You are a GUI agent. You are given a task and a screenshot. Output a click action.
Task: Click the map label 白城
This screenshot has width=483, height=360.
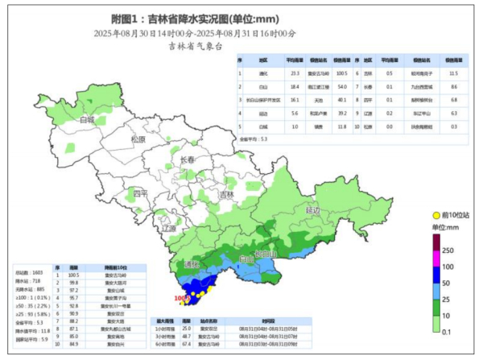pyautogui.click(x=86, y=120)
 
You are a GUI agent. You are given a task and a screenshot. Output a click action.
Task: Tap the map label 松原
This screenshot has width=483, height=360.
pyautogui.click(x=138, y=139)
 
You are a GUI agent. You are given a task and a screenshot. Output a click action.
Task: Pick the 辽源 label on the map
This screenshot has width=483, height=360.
pyautogui.click(x=168, y=229)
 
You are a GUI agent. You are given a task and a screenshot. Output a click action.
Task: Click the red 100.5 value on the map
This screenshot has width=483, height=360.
pyautogui.click(x=181, y=298)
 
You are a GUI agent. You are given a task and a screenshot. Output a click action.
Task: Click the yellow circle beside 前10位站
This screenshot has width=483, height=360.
pyautogui.click(x=436, y=216)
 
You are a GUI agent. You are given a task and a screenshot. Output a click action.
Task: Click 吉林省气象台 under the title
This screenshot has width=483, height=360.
pyautogui.click(x=194, y=46)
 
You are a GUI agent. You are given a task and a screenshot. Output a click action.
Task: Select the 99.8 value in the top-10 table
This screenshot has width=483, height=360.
pyautogui.click(x=72, y=282)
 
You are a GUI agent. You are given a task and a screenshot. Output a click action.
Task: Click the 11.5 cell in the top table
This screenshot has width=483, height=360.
pyautogui.click(x=452, y=73)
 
